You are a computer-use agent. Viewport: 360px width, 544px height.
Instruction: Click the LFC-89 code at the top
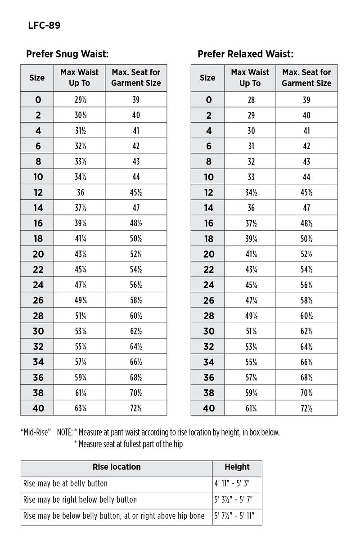click(x=44, y=26)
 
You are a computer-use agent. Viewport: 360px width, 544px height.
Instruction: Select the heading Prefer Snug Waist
click(x=67, y=54)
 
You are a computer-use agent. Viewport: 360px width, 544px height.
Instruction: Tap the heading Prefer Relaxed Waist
click(x=246, y=54)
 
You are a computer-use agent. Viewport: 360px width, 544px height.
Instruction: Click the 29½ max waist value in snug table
click(x=80, y=100)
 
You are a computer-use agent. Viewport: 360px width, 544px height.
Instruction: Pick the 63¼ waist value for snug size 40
click(x=80, y=408)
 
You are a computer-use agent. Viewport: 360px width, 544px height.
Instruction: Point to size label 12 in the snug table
click(x=38, y=192)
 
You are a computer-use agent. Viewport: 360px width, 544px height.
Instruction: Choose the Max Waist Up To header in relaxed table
click(x=250, y=77)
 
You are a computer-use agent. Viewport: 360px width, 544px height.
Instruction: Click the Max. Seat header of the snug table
click(x=136, y=77)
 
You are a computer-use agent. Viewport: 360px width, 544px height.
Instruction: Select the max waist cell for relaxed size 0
click(x=251, y=100)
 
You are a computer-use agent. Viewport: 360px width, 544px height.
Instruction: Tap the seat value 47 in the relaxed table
click(x=306, y=208)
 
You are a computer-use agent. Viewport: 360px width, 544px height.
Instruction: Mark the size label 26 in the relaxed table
click(x=208, y=300)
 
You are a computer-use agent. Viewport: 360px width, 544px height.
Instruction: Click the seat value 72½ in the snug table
click(x=136, y=408)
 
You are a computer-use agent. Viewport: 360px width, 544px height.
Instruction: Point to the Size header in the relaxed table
click(x=207, y=77)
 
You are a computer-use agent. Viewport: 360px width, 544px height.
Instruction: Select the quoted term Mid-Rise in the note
click(x=36, y=433)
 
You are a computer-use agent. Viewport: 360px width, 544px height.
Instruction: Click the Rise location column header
click(x=117, y=467)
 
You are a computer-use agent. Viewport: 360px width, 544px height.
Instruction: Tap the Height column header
click(x=237, y=467)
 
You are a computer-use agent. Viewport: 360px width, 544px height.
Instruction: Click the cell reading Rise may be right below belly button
click(x=80, y=499)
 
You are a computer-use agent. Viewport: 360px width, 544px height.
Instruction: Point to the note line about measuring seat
click(x=128, y=444)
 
